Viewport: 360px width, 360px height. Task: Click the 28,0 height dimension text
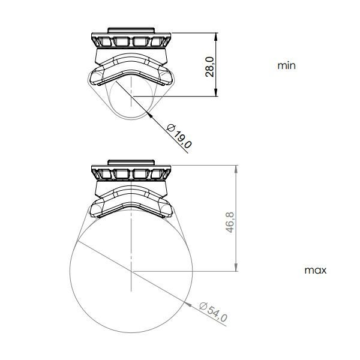(x=209, y=67)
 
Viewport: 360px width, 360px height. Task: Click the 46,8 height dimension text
(x=230, y=223)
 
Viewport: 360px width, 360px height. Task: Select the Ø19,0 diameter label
(x=179, y=136)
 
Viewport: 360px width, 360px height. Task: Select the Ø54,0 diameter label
(x=213, y=312)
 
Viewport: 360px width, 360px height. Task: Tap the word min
(x=287, y=65)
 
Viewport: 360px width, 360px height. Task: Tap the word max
(x=315, y=270)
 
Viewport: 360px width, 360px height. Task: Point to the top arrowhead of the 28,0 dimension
(x=216, y=37)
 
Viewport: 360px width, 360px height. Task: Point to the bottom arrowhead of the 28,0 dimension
(x=216, y=92)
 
